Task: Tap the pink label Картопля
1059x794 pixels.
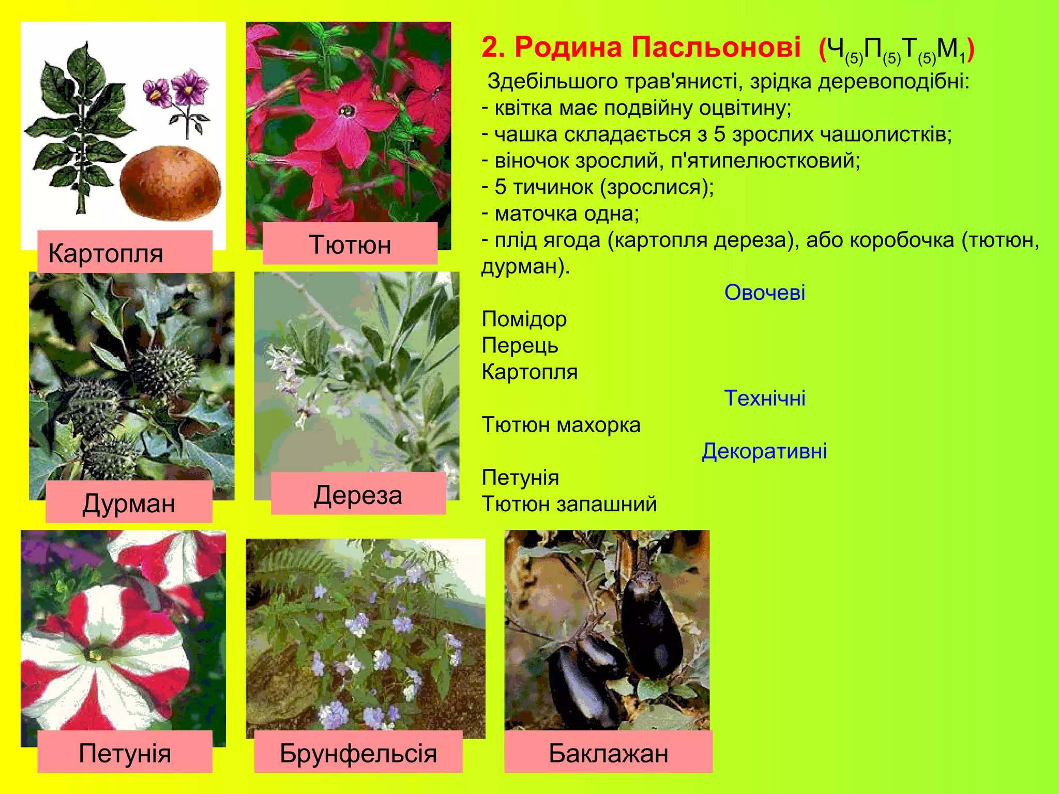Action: [x=125, y=252]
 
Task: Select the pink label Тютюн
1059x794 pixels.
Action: [x=350, y=243]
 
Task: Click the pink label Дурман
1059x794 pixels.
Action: [x=129, y=501]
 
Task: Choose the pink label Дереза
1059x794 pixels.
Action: [x=358, y=494]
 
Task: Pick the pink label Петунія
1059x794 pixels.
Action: [x=125, y=752]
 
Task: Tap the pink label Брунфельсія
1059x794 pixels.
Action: [x=358, y=752]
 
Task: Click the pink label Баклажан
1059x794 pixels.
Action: [x=608, y=752]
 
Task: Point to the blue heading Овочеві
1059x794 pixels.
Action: [x=764, y=293]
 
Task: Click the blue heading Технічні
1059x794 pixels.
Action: [x=764, y=398]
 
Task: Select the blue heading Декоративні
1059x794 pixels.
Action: [x=764, y=451]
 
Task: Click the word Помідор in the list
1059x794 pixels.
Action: [x=524, y=319]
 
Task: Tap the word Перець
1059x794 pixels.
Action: [x=520, y=345]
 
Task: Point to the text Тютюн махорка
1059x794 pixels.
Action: [x=561, y=424]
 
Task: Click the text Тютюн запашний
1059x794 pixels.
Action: [x=569, y=504]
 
